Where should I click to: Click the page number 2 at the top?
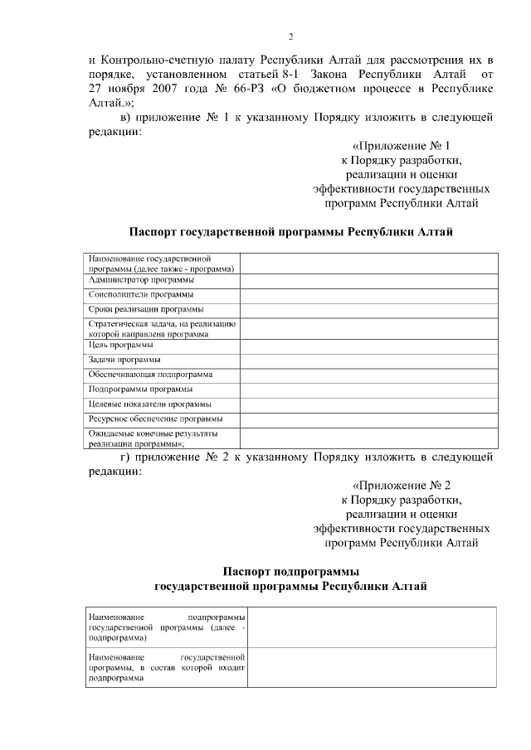pos(290,36)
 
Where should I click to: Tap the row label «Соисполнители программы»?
pos(141,294)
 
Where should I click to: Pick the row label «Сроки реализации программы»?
pos(145,309)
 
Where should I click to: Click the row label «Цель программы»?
pos(120,344)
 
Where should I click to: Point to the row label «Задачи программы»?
pos(124,360)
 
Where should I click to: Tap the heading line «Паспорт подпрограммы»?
pos(290,572)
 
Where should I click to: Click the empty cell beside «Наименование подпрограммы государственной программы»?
pos(372,627)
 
